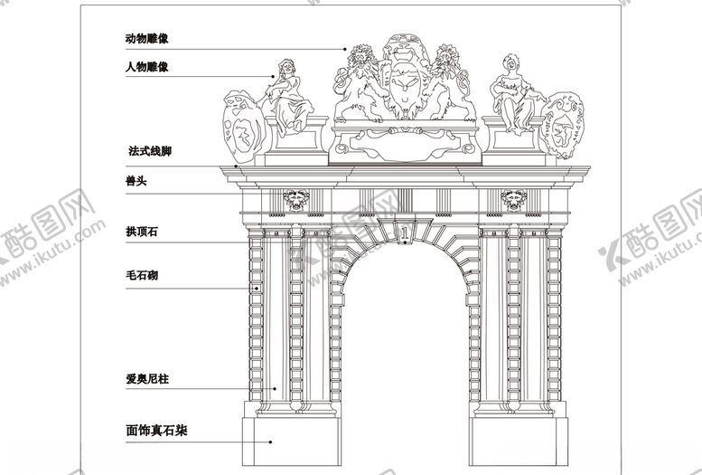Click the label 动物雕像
tap(147, 39)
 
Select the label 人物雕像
tap(147, 67)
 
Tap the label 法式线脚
tap(150, 151)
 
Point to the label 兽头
tap(136, 181)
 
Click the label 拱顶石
tap(142, 232)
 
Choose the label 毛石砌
tap(142, 275)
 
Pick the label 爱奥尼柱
tap(147, 379)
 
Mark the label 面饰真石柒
tap(156, 431)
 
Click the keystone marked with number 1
tap(405, 232)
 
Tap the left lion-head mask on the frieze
tap(296, 200)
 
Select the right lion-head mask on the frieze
tap(513, 200)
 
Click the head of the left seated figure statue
tap(286, 67)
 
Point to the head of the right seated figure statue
tap(510, 63)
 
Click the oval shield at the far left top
tap(243, 127)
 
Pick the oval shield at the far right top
tap(562, 125)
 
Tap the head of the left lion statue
tap(360, 56)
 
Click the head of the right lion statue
tap(446, 56)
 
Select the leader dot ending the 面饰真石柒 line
tap(270, 442)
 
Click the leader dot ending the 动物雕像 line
tap(345, 49)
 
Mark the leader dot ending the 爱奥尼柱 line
tap(275, 389)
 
